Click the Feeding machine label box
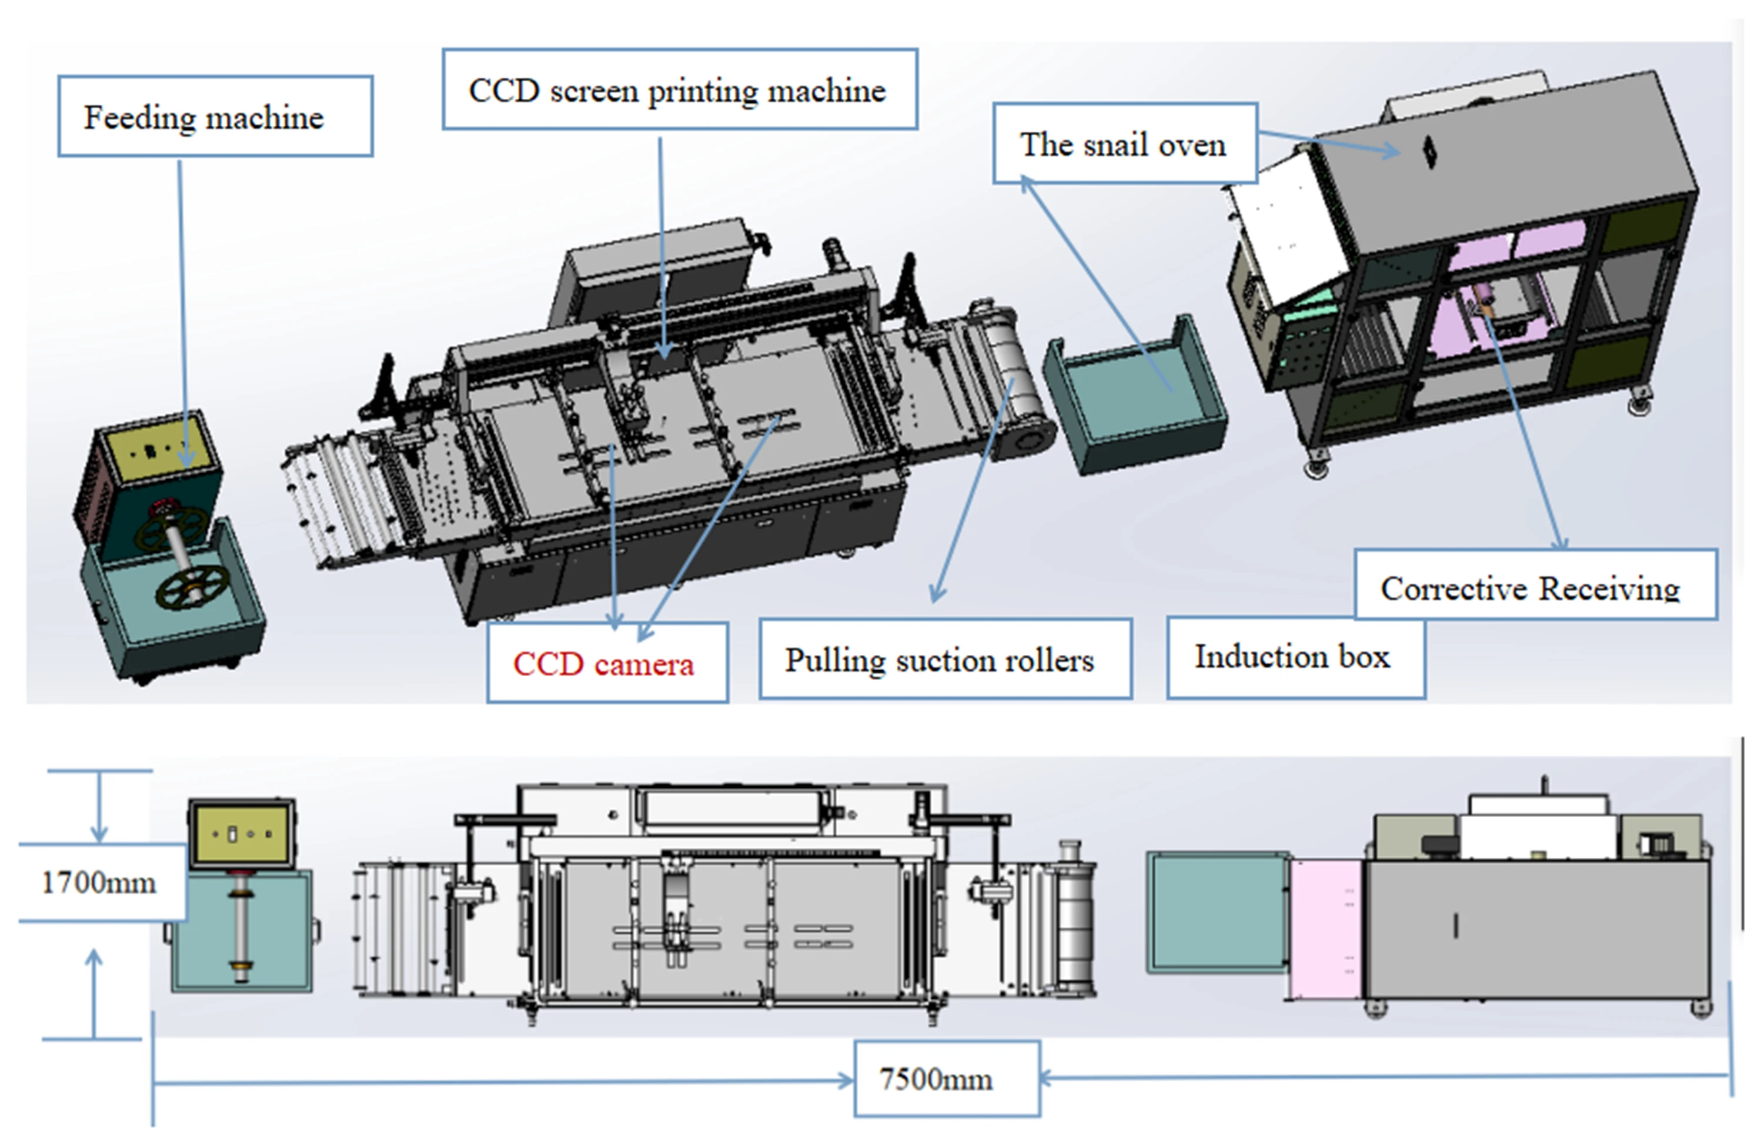tap(215, 116)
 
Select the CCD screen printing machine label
tap(679, 90)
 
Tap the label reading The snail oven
tap(1124, 144)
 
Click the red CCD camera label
tap(606, 663)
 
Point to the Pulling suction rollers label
tap(944, 658)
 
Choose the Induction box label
tap(1294, 657)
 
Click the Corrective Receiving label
tap(1534, 587)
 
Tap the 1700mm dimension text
tap(99, 882)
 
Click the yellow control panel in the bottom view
tap(242, 833)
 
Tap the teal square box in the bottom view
tap(1217, 911)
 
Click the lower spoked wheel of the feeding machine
tap(191, 588)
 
